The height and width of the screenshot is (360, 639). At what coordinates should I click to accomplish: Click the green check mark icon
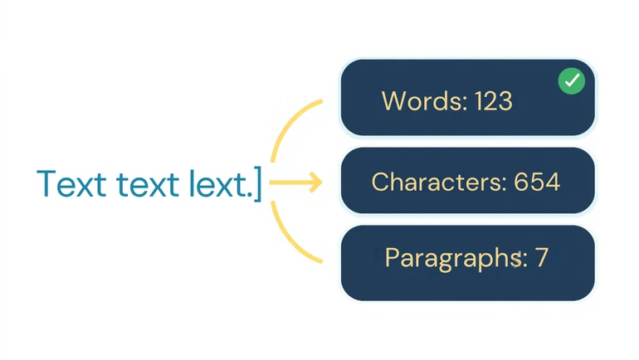(571, 80)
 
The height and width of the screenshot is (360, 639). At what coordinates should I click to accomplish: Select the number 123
(494, 101)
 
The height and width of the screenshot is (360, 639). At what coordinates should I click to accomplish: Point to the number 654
(537, 182)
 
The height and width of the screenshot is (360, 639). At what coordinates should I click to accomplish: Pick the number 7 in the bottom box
(542, 257)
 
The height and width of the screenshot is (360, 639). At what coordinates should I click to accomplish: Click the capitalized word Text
(71, 184)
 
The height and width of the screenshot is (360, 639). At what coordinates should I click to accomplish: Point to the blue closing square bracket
(257, 183)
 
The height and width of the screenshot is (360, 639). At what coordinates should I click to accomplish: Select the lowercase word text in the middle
(148, 184)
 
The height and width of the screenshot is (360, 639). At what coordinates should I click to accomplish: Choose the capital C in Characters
(380, 182)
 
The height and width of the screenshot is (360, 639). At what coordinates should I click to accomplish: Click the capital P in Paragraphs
(392, 257)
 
